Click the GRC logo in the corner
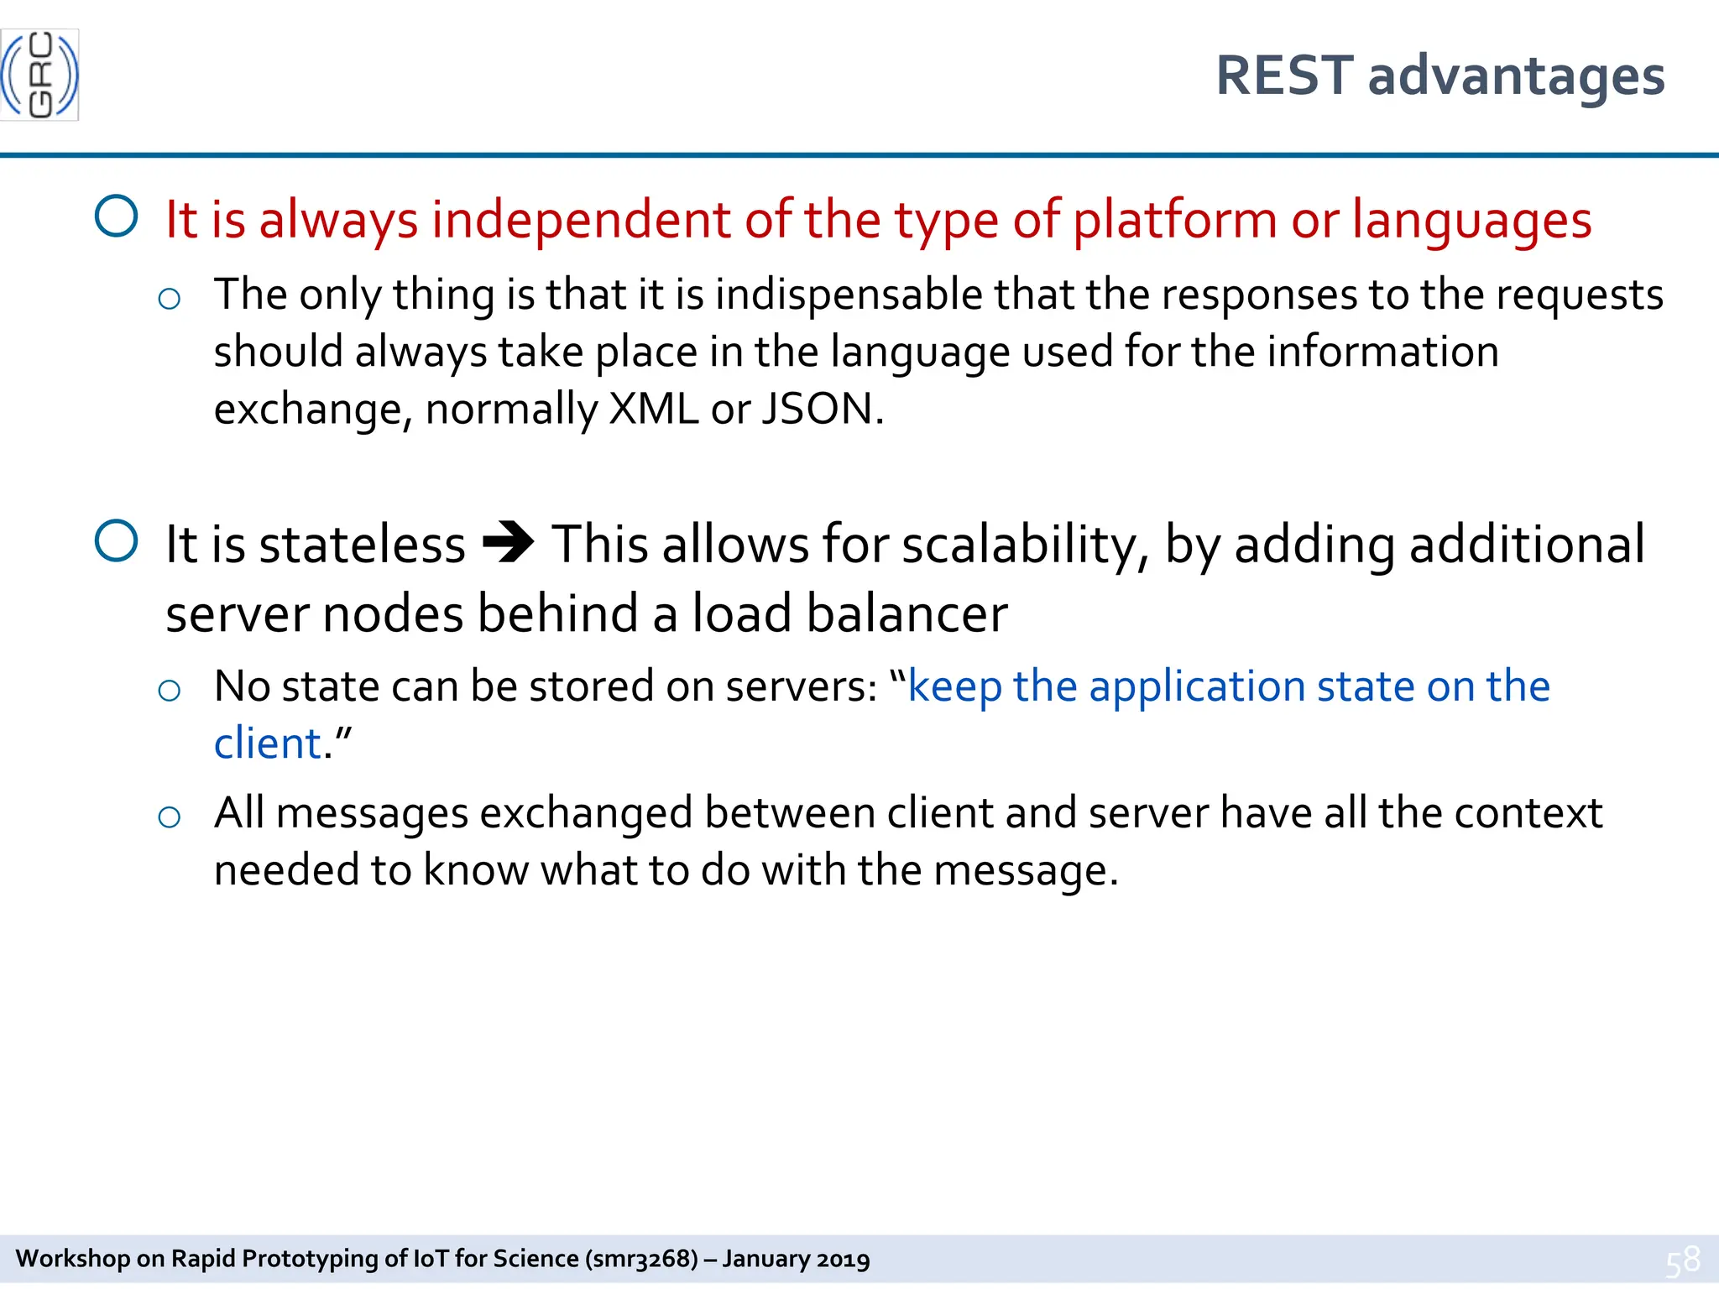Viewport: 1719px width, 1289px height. (39, 75)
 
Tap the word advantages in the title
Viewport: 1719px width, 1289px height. (1516, 77)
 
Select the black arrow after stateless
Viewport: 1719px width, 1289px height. (509, 543)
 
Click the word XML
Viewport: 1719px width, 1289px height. (653, 409)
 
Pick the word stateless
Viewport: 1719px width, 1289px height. (362, 545)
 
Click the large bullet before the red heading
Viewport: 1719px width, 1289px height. (117, 217)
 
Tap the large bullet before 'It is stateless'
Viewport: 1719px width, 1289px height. (117, 540)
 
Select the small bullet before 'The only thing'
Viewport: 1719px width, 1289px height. (170, 299)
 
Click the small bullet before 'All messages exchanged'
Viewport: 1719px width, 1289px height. (170, 817)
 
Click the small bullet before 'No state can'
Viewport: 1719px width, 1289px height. (170, 691)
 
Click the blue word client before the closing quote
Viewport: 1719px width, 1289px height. (267, 744)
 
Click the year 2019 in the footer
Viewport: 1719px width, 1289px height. (843, 1259)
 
